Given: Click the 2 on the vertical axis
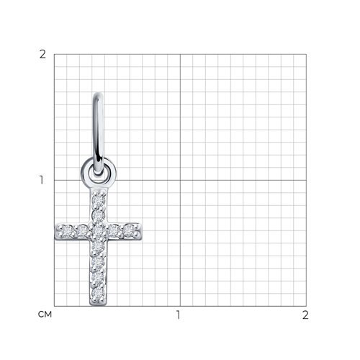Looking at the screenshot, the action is click(42, 55).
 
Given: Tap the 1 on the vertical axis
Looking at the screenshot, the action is click(42, 180).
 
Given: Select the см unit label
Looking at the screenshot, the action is click(45, 315).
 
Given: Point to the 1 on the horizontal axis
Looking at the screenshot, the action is click(178, 315).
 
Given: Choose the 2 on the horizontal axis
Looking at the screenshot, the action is click(305, 315).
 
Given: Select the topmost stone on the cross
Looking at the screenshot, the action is click(99, 200).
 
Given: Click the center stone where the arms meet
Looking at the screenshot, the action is click(99, 231).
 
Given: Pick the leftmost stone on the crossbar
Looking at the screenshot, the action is click(66, 232).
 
